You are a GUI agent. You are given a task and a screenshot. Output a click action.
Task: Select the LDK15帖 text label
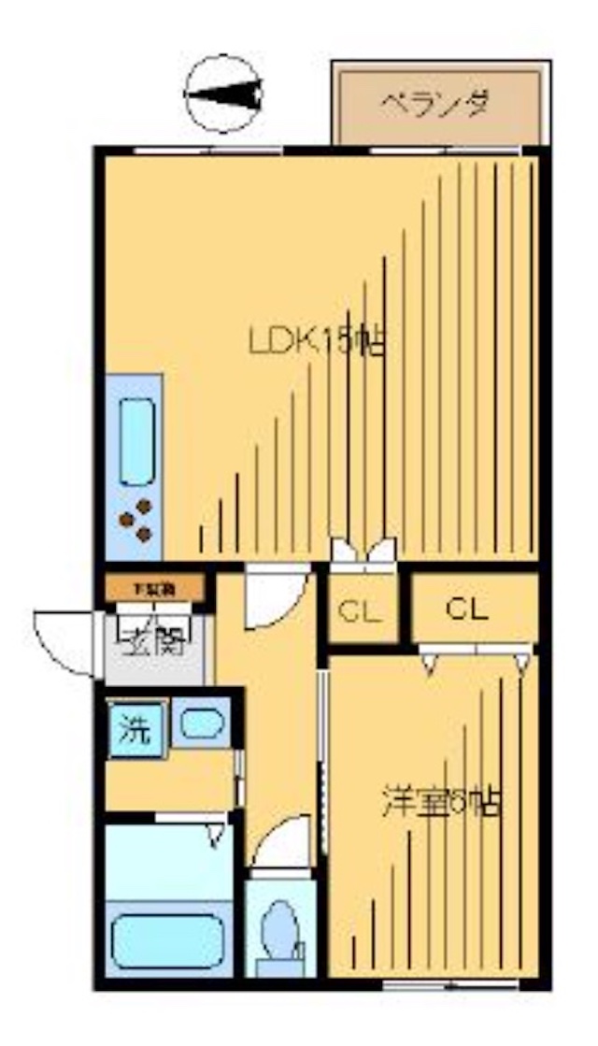coord(318,342)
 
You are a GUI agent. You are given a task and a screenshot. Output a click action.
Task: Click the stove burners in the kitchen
coord(135,520)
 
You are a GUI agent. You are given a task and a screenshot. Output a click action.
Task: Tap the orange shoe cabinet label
coord(153,589)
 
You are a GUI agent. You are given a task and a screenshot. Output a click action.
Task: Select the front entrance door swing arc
coord(64,640)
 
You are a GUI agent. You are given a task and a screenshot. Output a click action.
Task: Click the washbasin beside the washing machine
coord(201,724)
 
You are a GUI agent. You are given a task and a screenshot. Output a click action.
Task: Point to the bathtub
coord(168,940)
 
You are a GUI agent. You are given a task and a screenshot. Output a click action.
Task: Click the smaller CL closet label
coord(359,612)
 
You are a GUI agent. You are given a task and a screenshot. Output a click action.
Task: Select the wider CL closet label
coord(467,610)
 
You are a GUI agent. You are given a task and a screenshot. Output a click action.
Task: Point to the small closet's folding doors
coord(363,552)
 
